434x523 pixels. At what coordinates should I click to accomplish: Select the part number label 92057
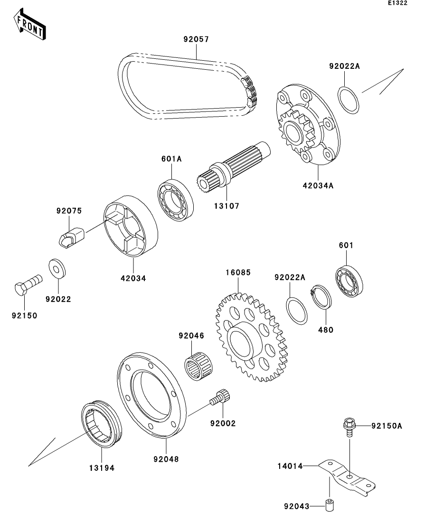click(196, 40)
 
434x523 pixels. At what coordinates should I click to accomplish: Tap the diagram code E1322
click(398, 3)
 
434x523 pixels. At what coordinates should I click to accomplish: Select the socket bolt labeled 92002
click(220, 397)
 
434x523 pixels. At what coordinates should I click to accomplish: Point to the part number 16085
click(238, 273)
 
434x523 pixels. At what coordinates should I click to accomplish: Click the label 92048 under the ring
click(165, 459)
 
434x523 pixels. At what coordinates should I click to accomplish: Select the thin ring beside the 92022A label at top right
click(349, 100)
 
